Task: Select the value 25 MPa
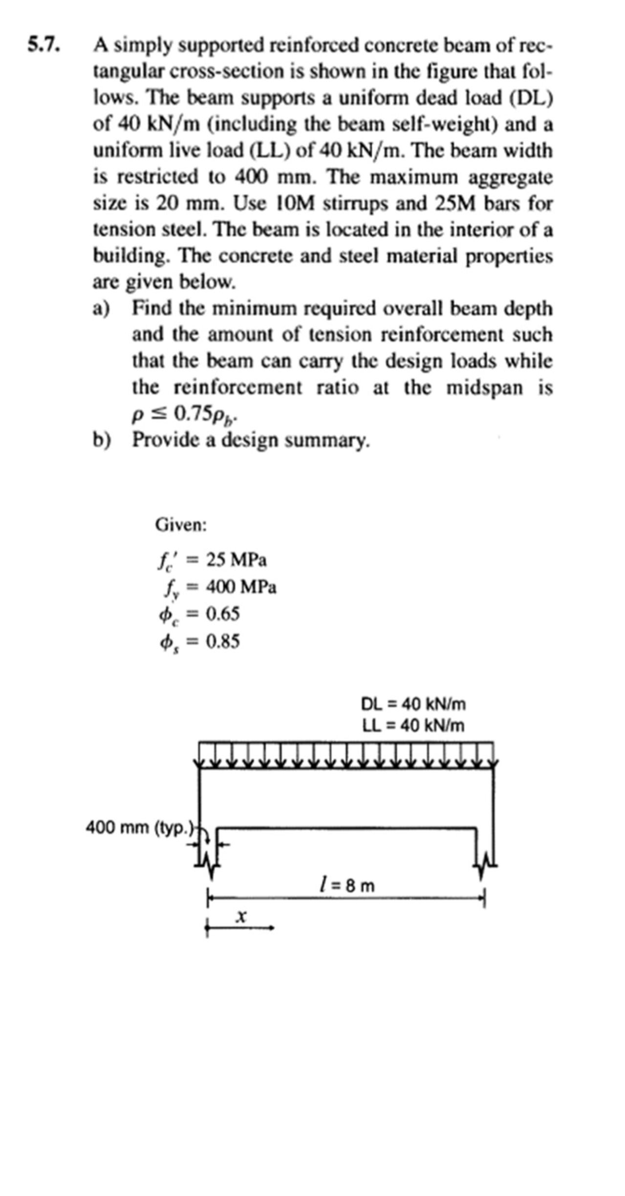point(236,560)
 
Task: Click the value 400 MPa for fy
point(241,587)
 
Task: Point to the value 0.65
point(223,614)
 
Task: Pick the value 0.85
point(223,641)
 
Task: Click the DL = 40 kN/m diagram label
point(413,704)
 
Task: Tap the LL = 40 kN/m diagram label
point(413,726)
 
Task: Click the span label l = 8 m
point(346,885)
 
